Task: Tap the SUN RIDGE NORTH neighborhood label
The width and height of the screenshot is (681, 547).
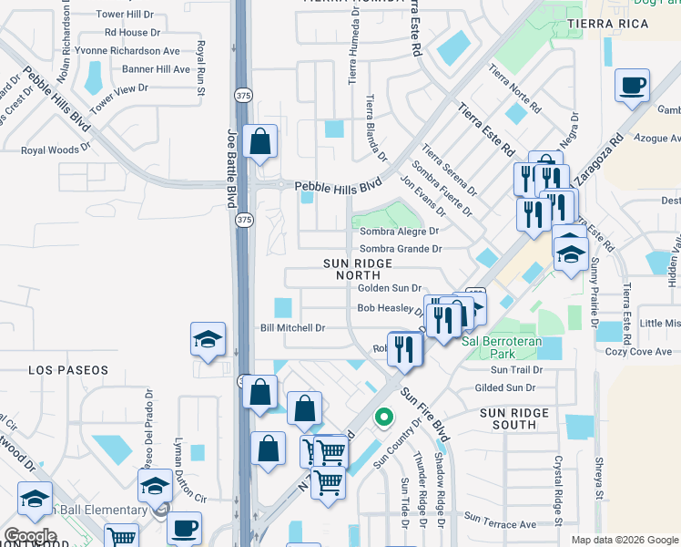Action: [x=358, y=269]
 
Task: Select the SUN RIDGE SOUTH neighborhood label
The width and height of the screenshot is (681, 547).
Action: [x=514, y=418]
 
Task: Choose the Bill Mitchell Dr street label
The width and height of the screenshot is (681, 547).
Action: [x=292, y=327]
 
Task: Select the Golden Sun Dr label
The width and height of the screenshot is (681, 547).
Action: [x=389, y=287]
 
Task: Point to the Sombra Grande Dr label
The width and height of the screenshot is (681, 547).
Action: [x=401, y=248]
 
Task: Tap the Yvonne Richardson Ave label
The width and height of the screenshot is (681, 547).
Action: [x=127, y=51]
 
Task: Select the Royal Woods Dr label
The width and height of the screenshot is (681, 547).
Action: [x=56, y=149]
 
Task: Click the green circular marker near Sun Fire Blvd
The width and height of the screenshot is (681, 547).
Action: [x=384, y=418]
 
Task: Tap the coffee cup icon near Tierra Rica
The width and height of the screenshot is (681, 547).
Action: [x=632, y=88]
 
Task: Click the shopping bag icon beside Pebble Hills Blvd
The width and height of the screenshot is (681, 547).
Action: [x=260, y=143]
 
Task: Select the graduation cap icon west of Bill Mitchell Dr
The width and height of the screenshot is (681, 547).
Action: [x=208, y=340]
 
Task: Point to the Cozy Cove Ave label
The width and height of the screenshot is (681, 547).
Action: [x=637, y=351]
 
